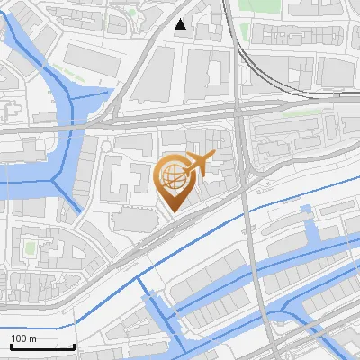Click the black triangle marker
coord(181,25)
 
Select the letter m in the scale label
coord(33,338)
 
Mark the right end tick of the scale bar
coord(74,346)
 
